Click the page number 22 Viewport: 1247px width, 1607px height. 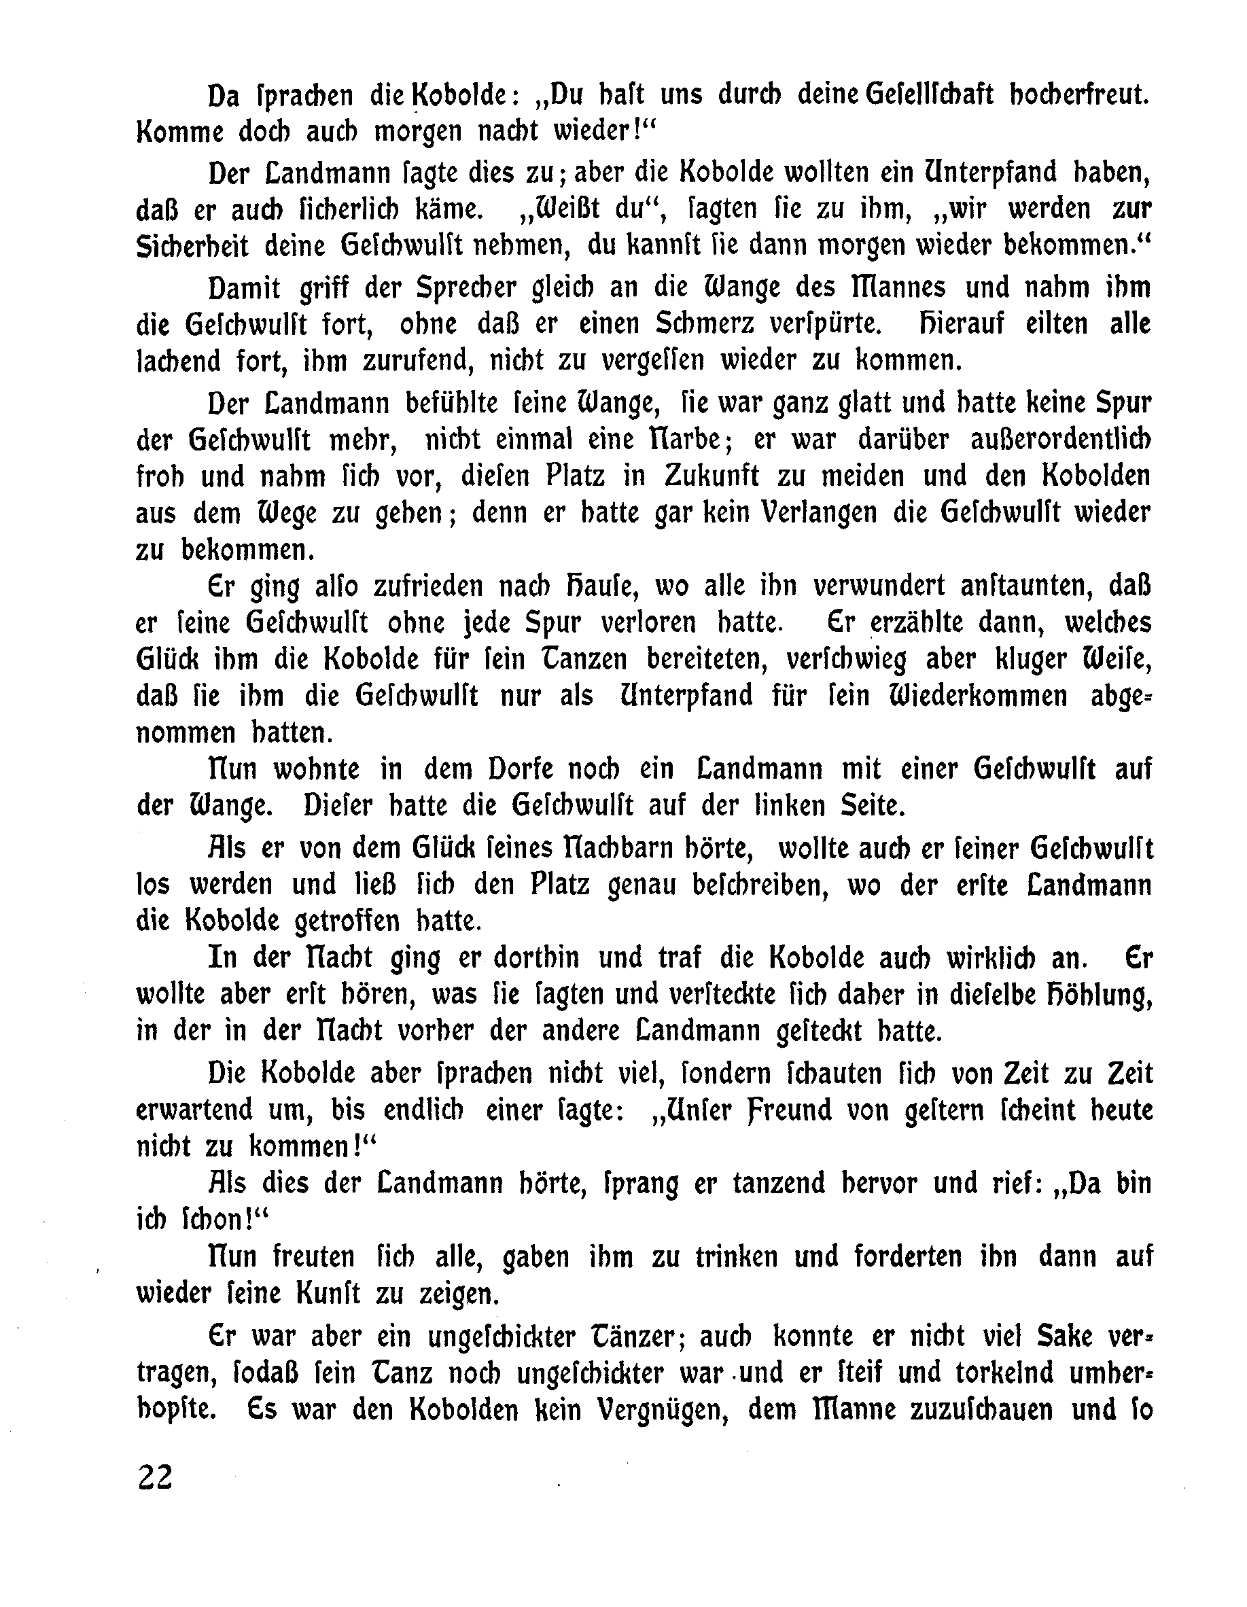pyautogui.click(x=154, y=1477)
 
